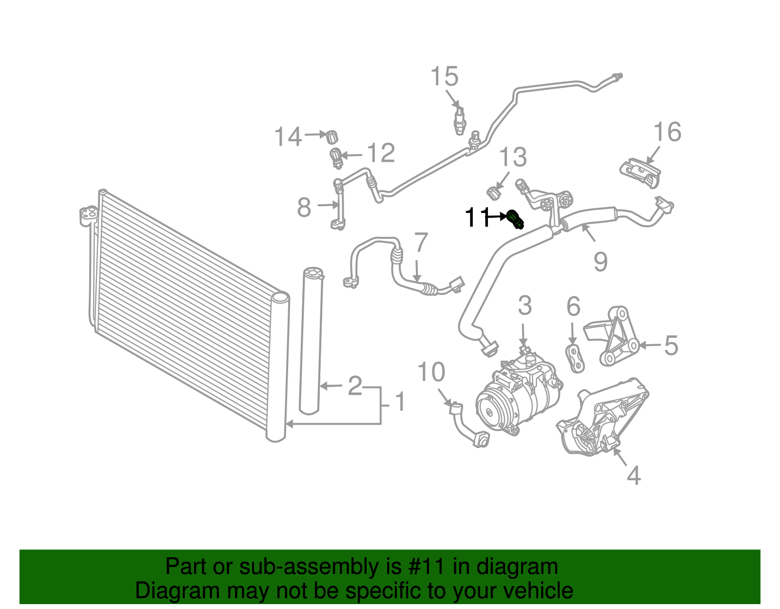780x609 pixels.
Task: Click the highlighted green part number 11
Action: click(x=515, y=219)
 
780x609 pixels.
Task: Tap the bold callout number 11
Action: click(x=477, y=217)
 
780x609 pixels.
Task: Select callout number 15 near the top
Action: click(x=445, y=77)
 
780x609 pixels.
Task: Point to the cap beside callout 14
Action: click(x=332, y=137)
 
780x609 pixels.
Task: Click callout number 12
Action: click(x=380, y=154)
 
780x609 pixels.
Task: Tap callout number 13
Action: click(x=513, y=157)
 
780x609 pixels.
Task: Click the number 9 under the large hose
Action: click(x=601, y=262)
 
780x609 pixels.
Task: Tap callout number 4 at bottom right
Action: click(x=633, y=475)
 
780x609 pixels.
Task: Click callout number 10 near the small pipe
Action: click(x=431, y=373)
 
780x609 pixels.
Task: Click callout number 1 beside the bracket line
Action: click(x=400, y=402)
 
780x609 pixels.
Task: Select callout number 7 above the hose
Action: click(x=421, y=243)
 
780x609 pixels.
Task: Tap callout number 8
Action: click(x=304, y=208)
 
